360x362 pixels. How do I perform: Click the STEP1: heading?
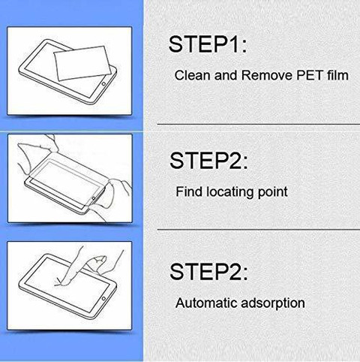tap(208, 44)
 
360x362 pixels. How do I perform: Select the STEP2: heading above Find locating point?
tap(208, 160)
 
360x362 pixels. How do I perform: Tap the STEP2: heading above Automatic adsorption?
tap(208, 272)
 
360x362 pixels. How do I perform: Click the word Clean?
tap(193, 75)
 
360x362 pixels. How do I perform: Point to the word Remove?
tap(266, 75)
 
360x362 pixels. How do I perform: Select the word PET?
tap(309, 75)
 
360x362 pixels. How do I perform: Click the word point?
tap(273, 192)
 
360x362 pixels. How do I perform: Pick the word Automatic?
tap(206, 303)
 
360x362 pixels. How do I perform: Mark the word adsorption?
tap(273, 303)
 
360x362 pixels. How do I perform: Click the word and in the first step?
tap(226, 75)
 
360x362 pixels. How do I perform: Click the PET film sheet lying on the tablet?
tap(83, 63)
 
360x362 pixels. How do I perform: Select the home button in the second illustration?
tap(94, 198)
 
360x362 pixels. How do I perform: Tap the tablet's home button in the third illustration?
tap(103, 299)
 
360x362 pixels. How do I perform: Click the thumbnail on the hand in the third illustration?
tap(100, 260)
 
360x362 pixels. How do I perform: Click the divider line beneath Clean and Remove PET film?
tap(259, 124)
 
